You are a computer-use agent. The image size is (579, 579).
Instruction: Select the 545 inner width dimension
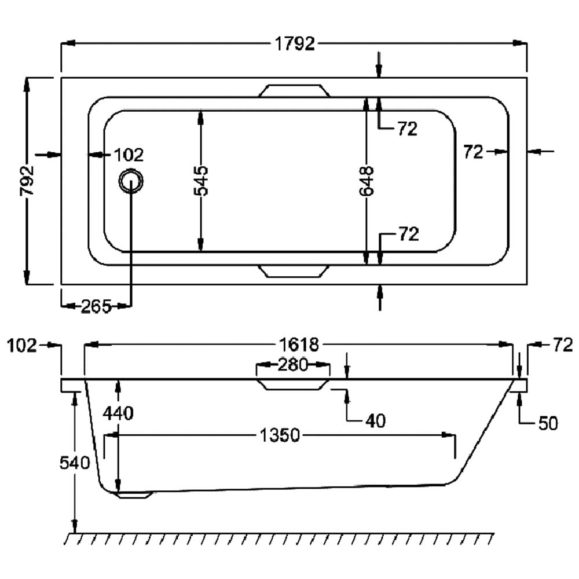click(201, 181)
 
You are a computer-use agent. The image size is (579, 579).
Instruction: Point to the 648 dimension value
click(367, 181)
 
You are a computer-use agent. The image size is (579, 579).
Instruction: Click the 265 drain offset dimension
click(96, 307)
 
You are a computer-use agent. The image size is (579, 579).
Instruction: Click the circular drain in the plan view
click(131, 182)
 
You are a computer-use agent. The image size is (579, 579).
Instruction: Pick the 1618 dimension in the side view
click(298, 345)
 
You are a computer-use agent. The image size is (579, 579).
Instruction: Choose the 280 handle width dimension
click(292, 365)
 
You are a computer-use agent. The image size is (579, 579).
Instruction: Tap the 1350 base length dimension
click(279, 435)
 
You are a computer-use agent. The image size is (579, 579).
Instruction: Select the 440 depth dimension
click(118, 413)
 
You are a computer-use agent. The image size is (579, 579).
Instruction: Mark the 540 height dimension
click(74, 463)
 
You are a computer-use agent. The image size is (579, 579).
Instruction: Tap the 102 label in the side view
click(21, 346)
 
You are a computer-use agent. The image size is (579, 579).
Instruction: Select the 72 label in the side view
click(562, 346)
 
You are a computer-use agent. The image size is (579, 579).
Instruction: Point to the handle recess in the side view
click(294, 385)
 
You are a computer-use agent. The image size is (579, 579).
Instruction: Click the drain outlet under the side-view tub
click(134, 494)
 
